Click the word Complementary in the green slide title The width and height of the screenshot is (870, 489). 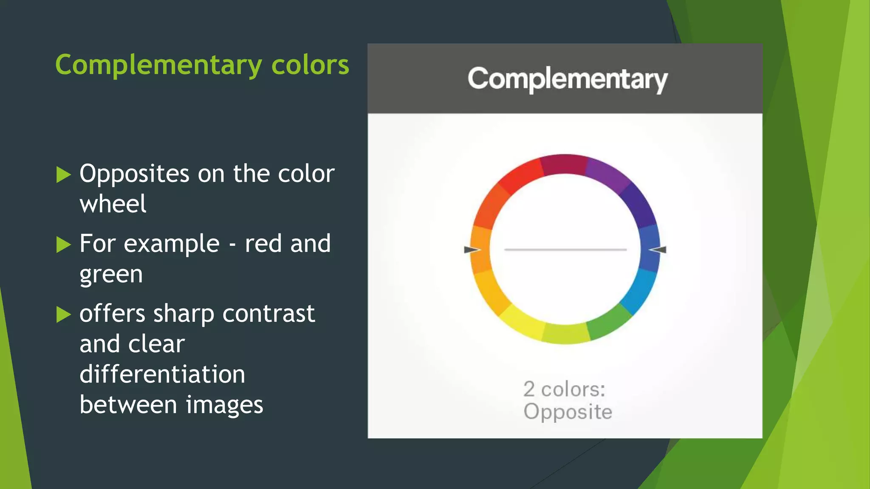click(x=158, y=65)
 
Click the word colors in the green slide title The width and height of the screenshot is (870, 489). click(x=310, y=65)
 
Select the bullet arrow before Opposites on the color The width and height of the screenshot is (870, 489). click(x=64, y=174)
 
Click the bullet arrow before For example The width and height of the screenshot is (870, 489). click(x=64, y=244)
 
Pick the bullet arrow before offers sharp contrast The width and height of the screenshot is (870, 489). click(x=64, y=315)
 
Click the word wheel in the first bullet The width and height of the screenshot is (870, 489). click(x=113, y=204)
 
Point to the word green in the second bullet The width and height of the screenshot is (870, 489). click(x=111, y=274)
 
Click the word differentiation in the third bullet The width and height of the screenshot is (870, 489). click(x=162, y=374)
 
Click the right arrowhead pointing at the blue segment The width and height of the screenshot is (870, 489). click(x=659, y=250)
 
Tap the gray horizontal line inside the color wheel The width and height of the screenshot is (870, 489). click(x=565, y=250)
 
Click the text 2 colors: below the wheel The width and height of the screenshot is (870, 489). click(x=564, y=389)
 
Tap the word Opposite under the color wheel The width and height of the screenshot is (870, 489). click(x=568, y=412)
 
